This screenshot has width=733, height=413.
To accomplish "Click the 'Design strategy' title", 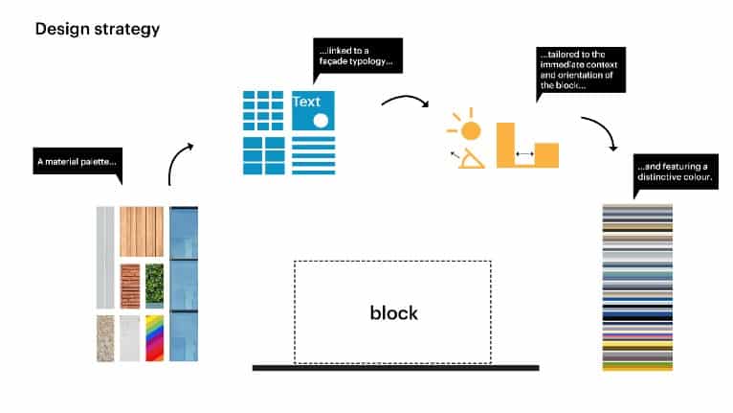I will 97,29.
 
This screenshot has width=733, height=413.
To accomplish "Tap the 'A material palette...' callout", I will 77,162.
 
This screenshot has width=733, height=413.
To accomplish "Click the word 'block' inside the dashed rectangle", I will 393,312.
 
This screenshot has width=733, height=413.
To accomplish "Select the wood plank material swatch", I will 141,231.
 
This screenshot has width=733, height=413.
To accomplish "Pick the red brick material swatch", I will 129,286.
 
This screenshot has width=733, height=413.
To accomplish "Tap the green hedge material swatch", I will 153,286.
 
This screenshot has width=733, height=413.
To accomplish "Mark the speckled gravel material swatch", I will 104,338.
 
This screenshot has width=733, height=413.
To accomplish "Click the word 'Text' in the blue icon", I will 307,101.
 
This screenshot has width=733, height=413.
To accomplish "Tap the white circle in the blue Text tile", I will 321,121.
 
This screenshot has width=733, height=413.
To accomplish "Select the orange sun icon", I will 468,129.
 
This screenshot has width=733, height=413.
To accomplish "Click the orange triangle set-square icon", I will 469,159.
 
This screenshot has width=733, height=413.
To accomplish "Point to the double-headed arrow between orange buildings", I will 524,153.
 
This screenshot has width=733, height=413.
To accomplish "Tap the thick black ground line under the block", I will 395,367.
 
